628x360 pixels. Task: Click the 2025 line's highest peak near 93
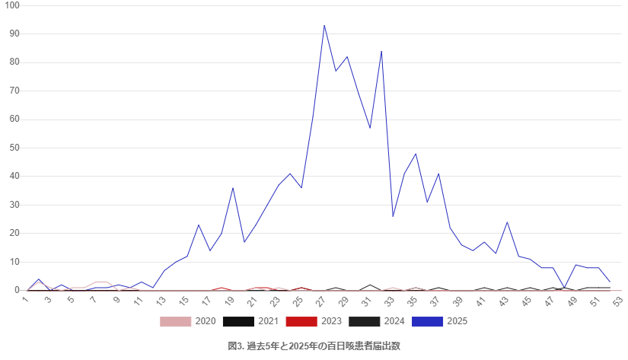324,26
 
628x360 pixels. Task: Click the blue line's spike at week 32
381,52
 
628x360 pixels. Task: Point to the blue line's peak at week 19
233,188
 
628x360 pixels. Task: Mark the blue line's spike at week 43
507,222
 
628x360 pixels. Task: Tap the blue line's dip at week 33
393,216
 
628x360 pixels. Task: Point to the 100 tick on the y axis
12,5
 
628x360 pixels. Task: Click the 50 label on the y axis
14,148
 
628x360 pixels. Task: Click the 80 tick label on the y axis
14,62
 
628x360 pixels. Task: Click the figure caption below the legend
314,346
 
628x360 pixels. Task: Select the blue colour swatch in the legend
428,322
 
